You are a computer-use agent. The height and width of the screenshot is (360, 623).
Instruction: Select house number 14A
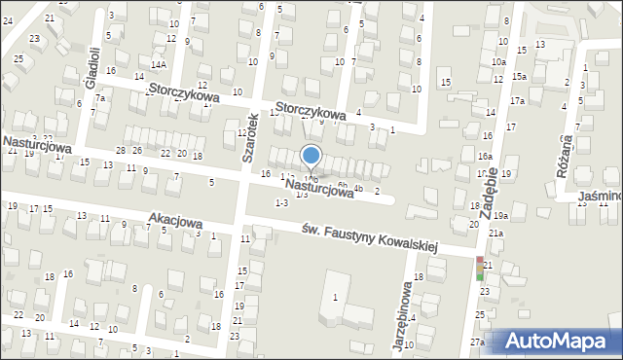[x=158, y=64]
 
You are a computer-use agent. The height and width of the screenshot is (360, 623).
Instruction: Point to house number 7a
[x=99, y=98]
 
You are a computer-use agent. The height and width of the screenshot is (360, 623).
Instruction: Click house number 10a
[x=498, y=61]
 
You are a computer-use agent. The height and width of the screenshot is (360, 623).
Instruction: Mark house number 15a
[x=520, y=77]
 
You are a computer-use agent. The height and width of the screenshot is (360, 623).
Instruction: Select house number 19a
[x=500, y=216]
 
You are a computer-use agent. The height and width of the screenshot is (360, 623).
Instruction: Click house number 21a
[x=495, y=234]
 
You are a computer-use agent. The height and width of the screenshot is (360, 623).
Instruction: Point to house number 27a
[x=477, y=342]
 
